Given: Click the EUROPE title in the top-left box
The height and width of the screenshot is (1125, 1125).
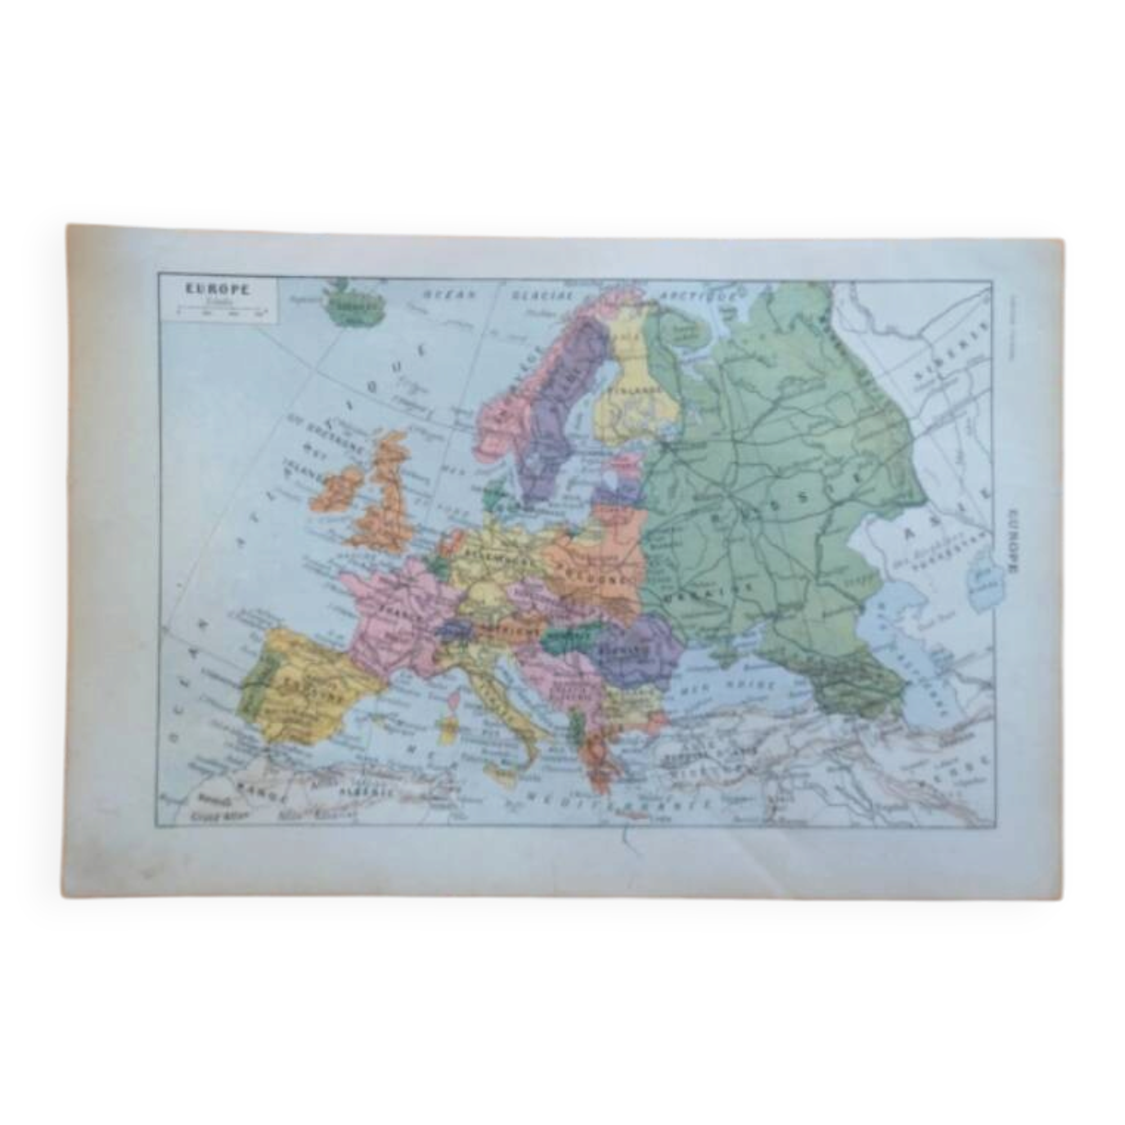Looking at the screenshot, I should click(217, 289).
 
